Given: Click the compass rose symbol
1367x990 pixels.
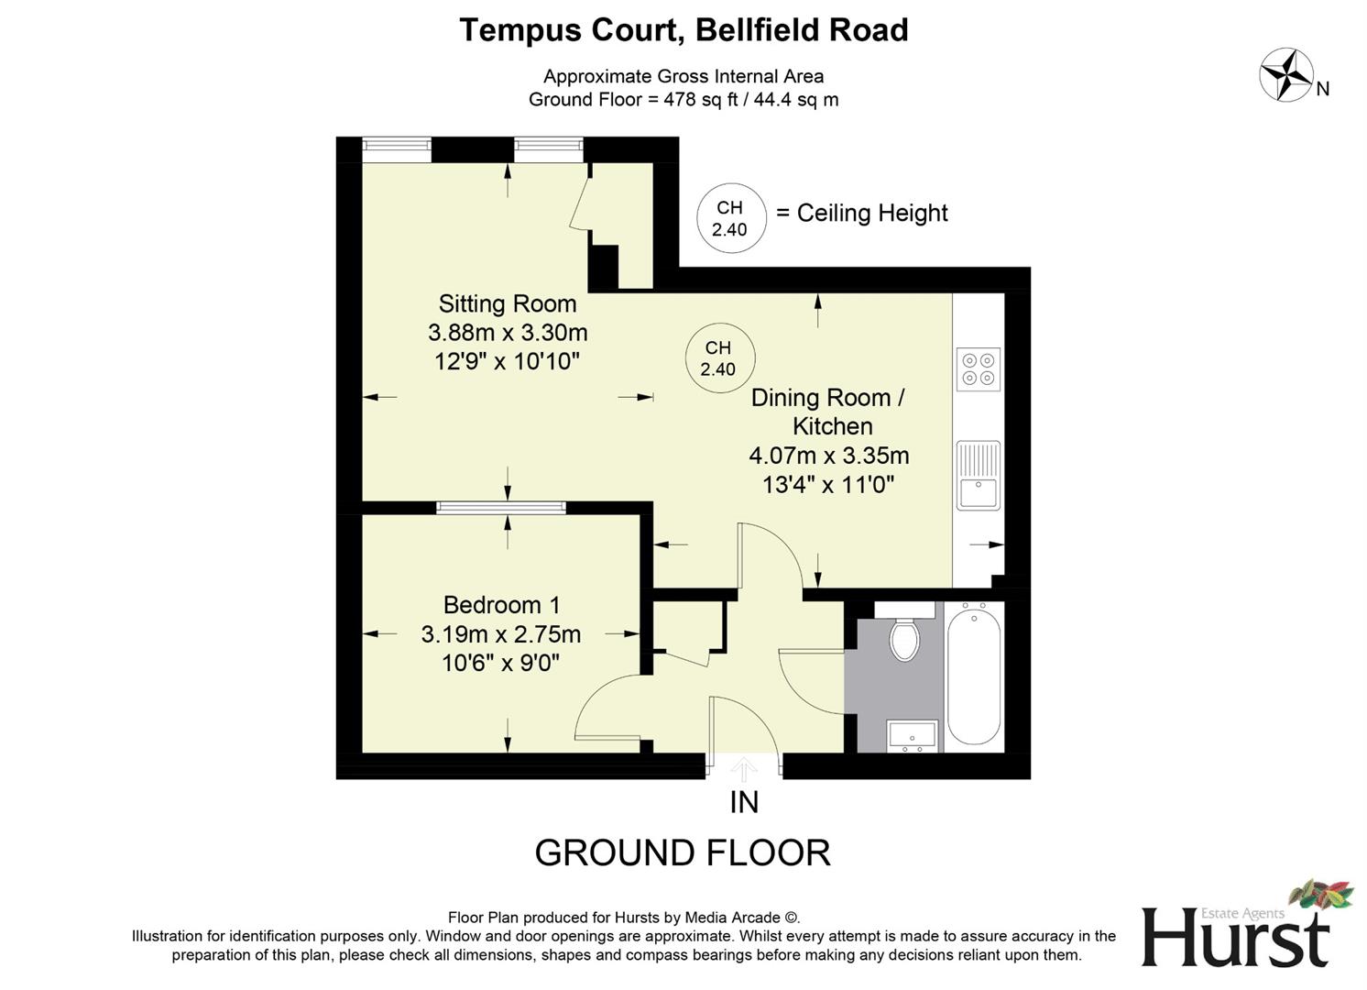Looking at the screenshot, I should tap(1286, 75).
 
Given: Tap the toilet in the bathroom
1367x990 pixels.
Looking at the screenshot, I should tap(905, 638).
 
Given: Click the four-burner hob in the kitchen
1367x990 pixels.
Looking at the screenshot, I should tap(978, 368).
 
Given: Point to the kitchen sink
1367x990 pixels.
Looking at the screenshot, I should tap(978, 475).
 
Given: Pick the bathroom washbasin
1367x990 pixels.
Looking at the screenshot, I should tap(912, 736).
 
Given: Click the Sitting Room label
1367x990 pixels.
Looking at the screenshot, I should tap(508, 303).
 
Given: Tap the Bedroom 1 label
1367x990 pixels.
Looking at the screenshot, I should tap(501, 605).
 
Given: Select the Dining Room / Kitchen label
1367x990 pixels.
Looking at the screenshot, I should tap(828, 412).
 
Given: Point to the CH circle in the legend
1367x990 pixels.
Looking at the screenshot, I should tap(729, 219).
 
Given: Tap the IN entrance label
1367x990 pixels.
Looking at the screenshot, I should tap(744, 802).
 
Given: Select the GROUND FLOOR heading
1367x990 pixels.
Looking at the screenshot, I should tap(683, 853).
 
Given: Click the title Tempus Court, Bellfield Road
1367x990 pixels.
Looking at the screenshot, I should tap(683, 30).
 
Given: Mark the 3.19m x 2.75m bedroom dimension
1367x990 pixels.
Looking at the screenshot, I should tap(501, 634).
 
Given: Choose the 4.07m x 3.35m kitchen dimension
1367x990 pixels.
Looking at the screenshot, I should tap(828, 456).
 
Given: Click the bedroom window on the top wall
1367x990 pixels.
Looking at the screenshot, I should tap(501, 508).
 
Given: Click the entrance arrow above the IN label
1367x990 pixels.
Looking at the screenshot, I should tap(744, 768).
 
